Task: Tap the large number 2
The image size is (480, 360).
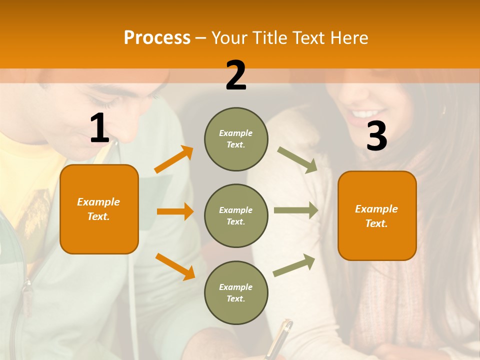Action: (235, 75)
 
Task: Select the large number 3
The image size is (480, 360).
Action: (376, 136)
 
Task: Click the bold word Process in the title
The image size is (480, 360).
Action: (157, 37)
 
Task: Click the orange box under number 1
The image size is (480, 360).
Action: (99, 209)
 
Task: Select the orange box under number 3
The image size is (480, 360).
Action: (377, 215)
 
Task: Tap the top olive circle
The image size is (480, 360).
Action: (236, 139)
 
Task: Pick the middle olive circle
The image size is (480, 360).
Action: (236, 215)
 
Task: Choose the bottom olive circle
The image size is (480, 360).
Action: (236, 292)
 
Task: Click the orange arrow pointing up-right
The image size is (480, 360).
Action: (173, 159)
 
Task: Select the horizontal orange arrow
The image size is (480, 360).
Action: (175, 211)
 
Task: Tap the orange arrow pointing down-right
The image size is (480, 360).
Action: (175, 266)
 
